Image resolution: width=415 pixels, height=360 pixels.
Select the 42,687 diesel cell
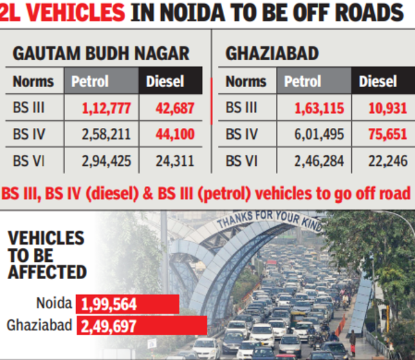[x=169, y=108]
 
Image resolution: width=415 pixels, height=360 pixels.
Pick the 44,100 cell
[x=169, y=134]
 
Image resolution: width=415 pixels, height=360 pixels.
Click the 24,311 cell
[x=169, y=161]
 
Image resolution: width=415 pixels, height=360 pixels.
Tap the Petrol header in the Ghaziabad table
[x=302, y=82]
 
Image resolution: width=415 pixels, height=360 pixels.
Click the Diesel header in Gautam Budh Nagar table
[x=165, y=82]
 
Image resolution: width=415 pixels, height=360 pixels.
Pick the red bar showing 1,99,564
[x=128, y=304]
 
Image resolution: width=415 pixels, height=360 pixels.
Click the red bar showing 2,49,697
[x=142, y=325]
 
